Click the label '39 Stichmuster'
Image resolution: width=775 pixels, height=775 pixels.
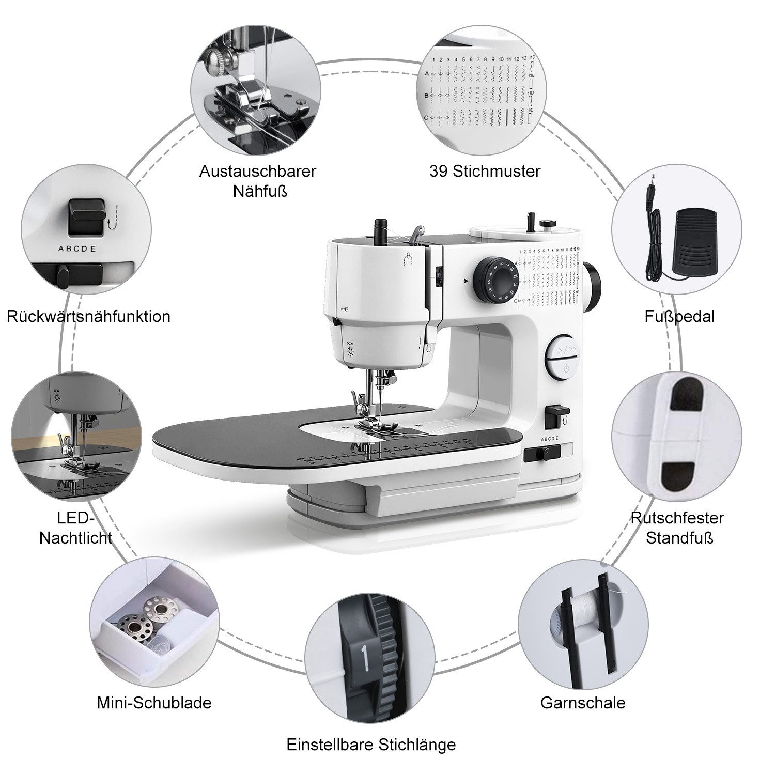[485, 171]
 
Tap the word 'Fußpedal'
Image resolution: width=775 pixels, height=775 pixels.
[679, 316]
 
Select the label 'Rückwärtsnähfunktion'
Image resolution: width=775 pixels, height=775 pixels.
[88, 316]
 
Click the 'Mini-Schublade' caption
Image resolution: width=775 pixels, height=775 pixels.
[154, 703]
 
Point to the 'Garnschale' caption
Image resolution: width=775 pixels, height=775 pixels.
[583, 703]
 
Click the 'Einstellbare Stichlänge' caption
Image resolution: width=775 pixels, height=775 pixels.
[371, 745]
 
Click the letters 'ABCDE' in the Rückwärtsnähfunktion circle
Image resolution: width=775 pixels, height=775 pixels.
[77, 249]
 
